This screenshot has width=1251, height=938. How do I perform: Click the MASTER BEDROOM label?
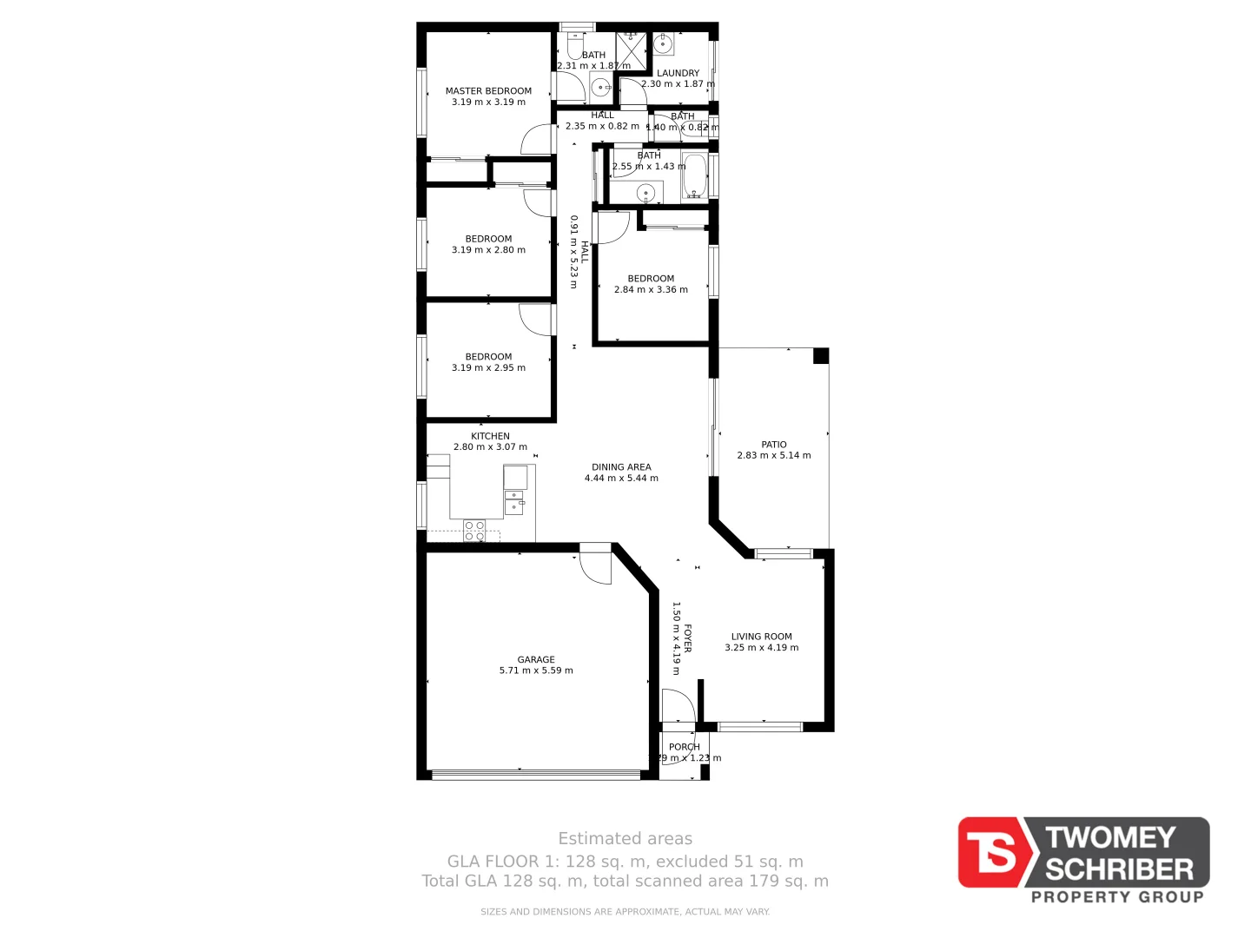pyautogui.click(x=488, y=90)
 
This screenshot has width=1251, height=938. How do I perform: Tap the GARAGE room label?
pyautogui.click(x=536, y=659)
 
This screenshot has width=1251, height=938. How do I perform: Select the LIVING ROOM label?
pyautogui.click(x=761, y=637)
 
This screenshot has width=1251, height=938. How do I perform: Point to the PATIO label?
pyautogui.click(x=773, y=445)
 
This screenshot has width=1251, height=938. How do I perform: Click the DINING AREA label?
pyautogui.click(x=621, y=467)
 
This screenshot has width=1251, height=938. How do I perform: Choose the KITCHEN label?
pyautogui.click(x=490, y=436)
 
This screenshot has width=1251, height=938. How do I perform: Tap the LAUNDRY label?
pyautogui.click(x=678, y=73)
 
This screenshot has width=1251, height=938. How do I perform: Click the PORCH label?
pyautogui.click(x=685, y=747)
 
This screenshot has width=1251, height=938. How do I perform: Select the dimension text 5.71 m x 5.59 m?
pyautogui.click(x=536, y=670)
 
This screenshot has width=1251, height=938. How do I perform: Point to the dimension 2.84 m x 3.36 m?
pyautogui.click(x=651, y=290)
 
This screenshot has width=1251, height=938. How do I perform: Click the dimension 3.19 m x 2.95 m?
pyautogui.click(x=488, y=368)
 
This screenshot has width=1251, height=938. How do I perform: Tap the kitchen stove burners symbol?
pyautogui.click(x=474, y=531)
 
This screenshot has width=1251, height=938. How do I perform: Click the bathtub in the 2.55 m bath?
pyautogui.click(x=694, y=176)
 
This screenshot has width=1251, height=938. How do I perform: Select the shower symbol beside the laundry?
pyautogui.click(x=632, y=51)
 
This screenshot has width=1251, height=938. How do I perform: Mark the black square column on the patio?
pyautogui.click(x=820, y=356)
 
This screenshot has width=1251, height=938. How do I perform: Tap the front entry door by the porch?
pyautogui.click(x=678, y=706)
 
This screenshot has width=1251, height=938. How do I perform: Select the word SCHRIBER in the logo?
pyautogui.click(x=1119, y=869)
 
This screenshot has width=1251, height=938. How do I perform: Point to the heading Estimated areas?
pyautogui.click(x=625, y=839)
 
